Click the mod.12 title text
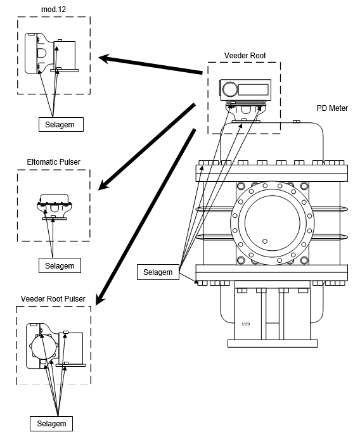[x=53, y=10]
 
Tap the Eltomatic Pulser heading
[x=53, y=162]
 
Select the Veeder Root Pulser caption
[x=53, y=299]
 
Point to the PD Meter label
[x=332, y=108]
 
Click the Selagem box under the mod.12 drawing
[x=61, y=124]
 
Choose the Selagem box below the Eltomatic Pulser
[x=60, y=265]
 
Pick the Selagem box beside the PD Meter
[x=158, y=272]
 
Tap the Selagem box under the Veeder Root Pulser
[x=51, y=424]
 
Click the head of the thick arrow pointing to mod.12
[x=103, y=58]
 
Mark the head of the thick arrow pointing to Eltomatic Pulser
[x=103, y=186]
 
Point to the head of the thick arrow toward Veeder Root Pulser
[x=99, y=300]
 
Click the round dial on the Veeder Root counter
[x=230, y=89]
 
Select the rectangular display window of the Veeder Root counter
[x=253, y=89]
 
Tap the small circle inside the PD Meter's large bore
[x=265, y=241]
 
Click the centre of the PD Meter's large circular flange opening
[x=273, y=223]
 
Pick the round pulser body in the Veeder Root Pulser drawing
[x=44, y=347]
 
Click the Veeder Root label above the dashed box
[x=245, y=56]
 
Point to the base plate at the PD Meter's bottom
[x=273, y=343]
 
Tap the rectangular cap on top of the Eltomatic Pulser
[x=55, y=199]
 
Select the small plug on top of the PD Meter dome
[x=297, y=122]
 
